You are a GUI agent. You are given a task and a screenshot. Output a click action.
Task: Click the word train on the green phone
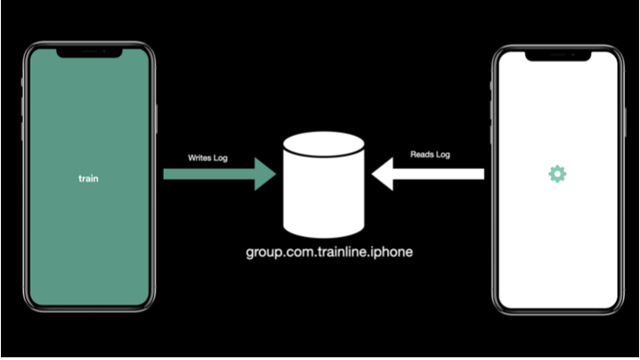[x=88, y=178]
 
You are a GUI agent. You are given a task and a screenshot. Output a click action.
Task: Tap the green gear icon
[x=557, y=174]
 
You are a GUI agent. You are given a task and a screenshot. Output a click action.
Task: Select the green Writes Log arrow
[x=219, y=174]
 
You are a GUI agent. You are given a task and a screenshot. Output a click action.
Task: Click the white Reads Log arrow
[x=428, y=174]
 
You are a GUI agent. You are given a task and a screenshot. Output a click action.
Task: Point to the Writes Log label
[x=208, y=158]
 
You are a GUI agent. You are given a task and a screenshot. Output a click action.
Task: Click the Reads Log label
[x=430, y=154]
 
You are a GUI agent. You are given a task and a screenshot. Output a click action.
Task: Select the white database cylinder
[x=324, y=184]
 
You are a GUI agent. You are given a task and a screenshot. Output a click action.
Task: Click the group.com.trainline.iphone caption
[x=329, y=253]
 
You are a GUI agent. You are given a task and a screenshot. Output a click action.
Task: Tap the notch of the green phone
[x=89, y=52]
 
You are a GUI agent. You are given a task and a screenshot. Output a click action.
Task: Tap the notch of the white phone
[x=558, y=56]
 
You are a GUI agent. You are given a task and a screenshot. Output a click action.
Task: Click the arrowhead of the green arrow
[x=265, y=174]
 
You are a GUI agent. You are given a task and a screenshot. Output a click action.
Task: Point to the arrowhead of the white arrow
[x=383, y=174]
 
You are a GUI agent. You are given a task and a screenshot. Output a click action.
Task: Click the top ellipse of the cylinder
[x=324, y=144]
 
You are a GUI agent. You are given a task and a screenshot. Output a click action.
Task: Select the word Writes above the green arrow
[x=199, y=158]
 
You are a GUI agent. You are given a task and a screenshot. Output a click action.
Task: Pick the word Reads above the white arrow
[x=421, y=154]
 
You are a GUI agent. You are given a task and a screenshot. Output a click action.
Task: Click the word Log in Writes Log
[x=221, y=158]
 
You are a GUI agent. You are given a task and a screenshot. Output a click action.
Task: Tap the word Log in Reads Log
[x=443, y=155]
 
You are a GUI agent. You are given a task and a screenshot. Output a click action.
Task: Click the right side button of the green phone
[x=157, y=119]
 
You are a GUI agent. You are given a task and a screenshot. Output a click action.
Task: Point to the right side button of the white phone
[x=626, y=122]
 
